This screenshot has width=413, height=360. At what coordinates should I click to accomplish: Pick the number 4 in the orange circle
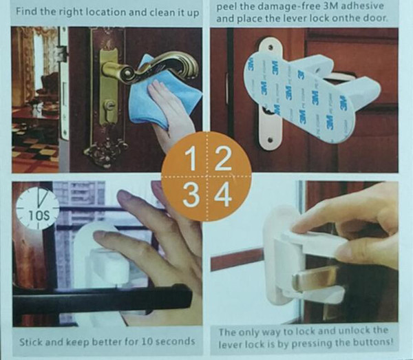(x=223, y=195)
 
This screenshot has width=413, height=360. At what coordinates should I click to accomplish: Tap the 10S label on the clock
(x=39, y=216)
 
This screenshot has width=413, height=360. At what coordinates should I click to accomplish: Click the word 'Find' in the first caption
(x=27, y=12)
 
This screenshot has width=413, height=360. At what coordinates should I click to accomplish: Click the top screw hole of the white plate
(x=271, y=47)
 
